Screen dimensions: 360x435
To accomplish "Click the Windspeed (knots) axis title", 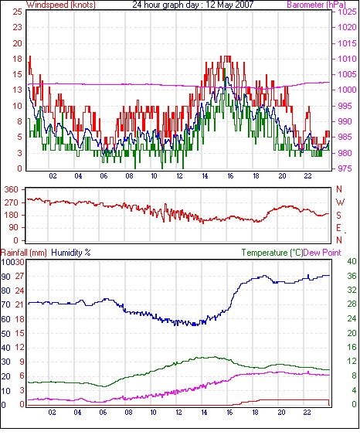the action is click(61, 5).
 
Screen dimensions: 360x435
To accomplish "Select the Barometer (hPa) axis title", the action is click(317, 5).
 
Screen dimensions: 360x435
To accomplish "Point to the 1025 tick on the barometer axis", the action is click(347, 12).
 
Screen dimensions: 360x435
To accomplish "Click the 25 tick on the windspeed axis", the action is click(17, 12).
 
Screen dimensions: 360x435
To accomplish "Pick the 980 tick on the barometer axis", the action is click(345, 153).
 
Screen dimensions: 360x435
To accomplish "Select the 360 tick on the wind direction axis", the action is click(12, 190).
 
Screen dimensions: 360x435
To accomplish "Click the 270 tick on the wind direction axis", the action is click(12, 202).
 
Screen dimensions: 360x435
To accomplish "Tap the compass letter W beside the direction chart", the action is click(340, 202).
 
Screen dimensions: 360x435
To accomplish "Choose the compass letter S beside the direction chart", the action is click(338, 216).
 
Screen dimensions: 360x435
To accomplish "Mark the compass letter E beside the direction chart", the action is click(338, 228).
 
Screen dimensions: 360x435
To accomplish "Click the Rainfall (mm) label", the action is click(24, 253).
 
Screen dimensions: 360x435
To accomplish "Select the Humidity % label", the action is click(71, 253).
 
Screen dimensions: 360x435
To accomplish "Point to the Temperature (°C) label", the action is click(272, 253).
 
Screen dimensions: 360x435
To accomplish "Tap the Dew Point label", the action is click(322, 253).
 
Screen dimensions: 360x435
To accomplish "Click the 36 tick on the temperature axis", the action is click(352, 276).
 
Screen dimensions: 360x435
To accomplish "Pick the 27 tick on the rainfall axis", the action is click(19, 276).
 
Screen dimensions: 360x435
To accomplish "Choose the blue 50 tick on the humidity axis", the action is click(5, 334).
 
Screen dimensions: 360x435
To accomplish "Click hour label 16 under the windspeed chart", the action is click(230, 176).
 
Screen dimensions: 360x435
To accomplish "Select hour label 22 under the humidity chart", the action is click(307, 413).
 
